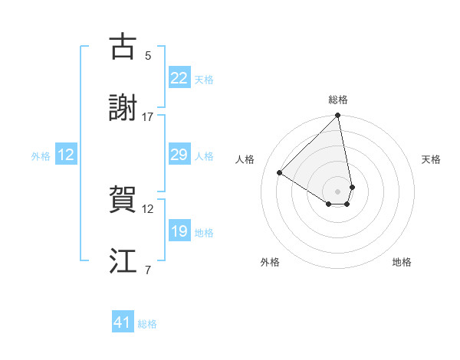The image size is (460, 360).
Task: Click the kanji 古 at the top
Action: pos(123,47)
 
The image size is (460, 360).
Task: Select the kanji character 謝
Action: pos(123,108)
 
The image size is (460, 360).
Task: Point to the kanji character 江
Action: pos(123,261)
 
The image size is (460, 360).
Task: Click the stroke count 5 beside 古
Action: pos(148,55)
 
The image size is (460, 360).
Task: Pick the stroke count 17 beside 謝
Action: pos(148,116)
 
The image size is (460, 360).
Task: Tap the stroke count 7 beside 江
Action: pos(148,270)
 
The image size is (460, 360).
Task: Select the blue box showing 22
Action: pos(179,78)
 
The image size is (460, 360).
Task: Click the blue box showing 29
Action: pos(179,155)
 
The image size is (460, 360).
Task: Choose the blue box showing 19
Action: pos(179,231)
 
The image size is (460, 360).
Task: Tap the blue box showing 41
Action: pos(123,323)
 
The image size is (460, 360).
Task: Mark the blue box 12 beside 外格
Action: pos(66,155)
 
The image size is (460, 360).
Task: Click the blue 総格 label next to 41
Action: pos(147,324)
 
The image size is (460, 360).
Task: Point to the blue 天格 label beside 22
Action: pos(204,79)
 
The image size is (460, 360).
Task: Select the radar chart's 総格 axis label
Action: pos(338,100)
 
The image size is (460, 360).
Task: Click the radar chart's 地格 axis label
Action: pos(402,262)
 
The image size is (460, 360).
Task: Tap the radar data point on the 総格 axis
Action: pos(338,116)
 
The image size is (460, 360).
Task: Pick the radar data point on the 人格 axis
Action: pos(280,173)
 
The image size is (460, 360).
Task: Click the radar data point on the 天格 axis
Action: pos(352,187)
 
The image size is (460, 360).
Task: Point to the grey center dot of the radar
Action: pos(338,191)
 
